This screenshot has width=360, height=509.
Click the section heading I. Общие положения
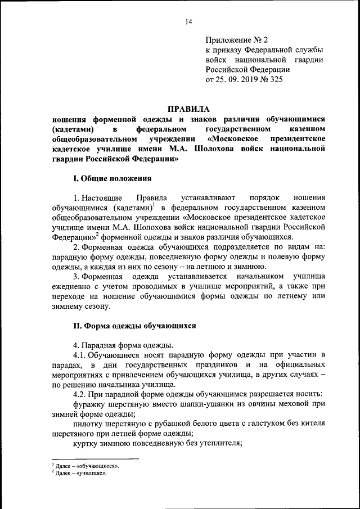pyautogui.click(x=113, y=179)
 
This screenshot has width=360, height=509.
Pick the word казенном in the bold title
pyautogui.click(x=306, y=129)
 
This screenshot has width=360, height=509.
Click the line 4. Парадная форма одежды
pyautogui.click(x=123, y=345)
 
